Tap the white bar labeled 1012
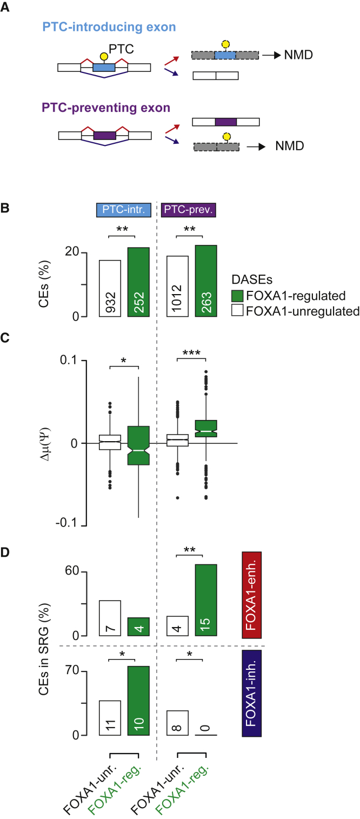(x=177, y=286)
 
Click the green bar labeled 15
(x=206, y=600)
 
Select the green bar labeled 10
(x=138, y=701)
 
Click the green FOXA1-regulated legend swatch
(x=236, y=296)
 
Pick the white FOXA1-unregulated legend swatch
(x=236, y=311)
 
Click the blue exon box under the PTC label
(x=104, y=68)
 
